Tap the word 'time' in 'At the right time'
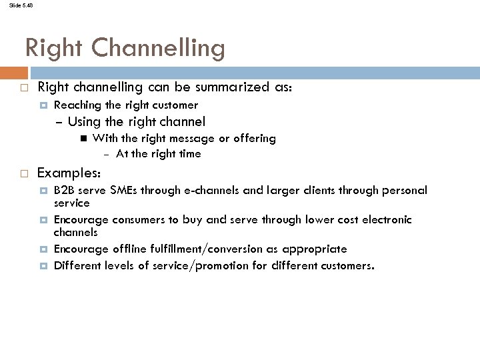pos(189,153)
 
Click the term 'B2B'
pos(65,190)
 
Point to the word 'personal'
pos(404,190)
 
